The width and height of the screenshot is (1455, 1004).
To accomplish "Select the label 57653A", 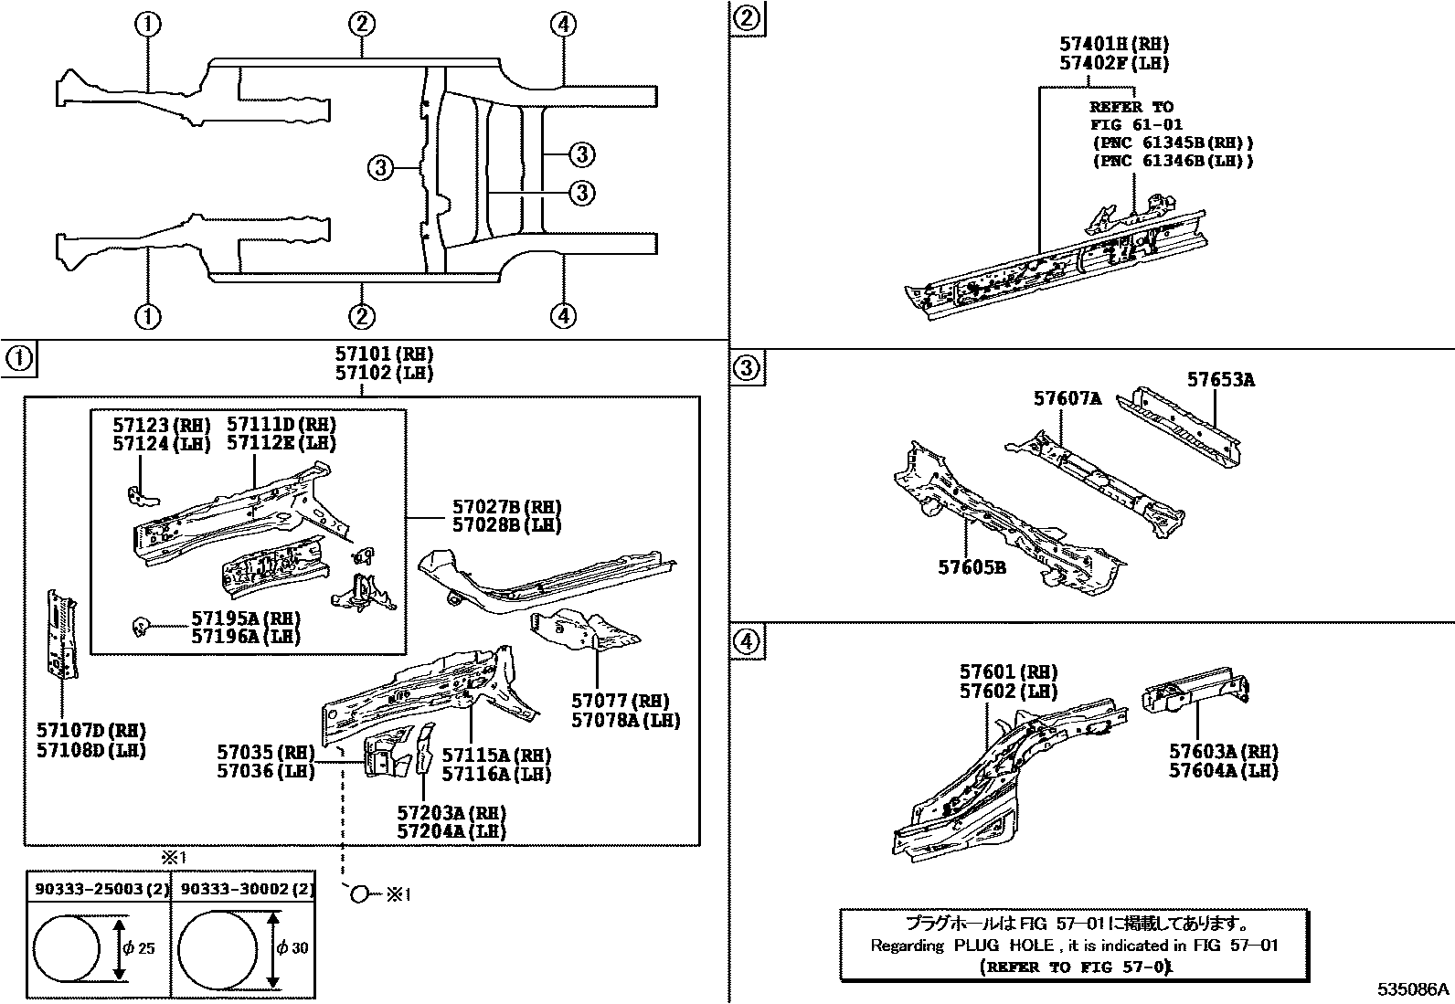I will pyautogui.click(x=1220, y=380).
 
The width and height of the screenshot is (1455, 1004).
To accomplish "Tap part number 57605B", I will pyautogui.click(x=972, y=567).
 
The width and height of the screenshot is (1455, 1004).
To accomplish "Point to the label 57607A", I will pyautogui.click(x=1067, y=398).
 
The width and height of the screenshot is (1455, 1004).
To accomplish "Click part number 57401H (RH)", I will pyautogui.click(x=1114, y=44).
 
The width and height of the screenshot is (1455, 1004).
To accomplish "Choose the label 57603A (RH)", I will pyautogui.click(x=1223, y=751).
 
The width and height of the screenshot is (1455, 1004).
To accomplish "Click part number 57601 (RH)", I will pyautogui.click(x=1008, y=672).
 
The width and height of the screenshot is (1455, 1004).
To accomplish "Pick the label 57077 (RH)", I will pyautogui.click(x=620, y=701).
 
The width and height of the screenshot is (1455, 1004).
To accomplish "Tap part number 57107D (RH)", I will pyautogui.click(x=91, y=730).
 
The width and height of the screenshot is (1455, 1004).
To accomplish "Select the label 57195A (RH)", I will pyautogui.click(x=245, y=618).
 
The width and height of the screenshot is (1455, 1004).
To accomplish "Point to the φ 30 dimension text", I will pyautogui.click(x=292, y=947).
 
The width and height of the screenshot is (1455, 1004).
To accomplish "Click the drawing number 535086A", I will pyautogui.click(x=1414, y=989).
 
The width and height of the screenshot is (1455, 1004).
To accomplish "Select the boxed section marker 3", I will pyautogui.click(x=747, y=368).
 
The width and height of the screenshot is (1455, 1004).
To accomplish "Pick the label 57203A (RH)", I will pyautogui.click(x=451, y=812).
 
